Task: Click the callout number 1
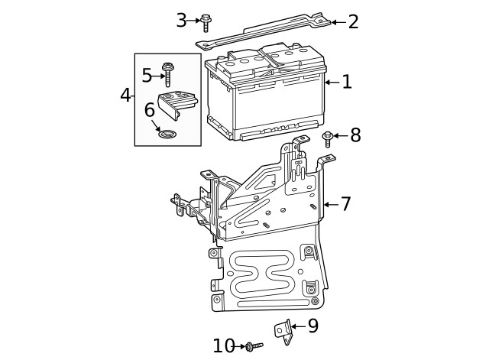[347, 82]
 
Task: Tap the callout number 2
[353, 21]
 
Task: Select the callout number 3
[181, 20]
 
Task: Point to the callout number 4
[126, 96]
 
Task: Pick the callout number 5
[147, 75]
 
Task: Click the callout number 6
[150, 110]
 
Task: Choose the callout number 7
[345, 204]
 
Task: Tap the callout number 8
[355, 136]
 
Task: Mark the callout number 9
[313, 326]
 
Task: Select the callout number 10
[223, 346]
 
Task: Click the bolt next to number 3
[206, 23]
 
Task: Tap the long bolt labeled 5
[169, 75]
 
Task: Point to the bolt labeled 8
[328, 138]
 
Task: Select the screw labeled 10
[253, 346]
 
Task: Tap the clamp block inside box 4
[176, 102]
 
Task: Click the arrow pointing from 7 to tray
[329, 204]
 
